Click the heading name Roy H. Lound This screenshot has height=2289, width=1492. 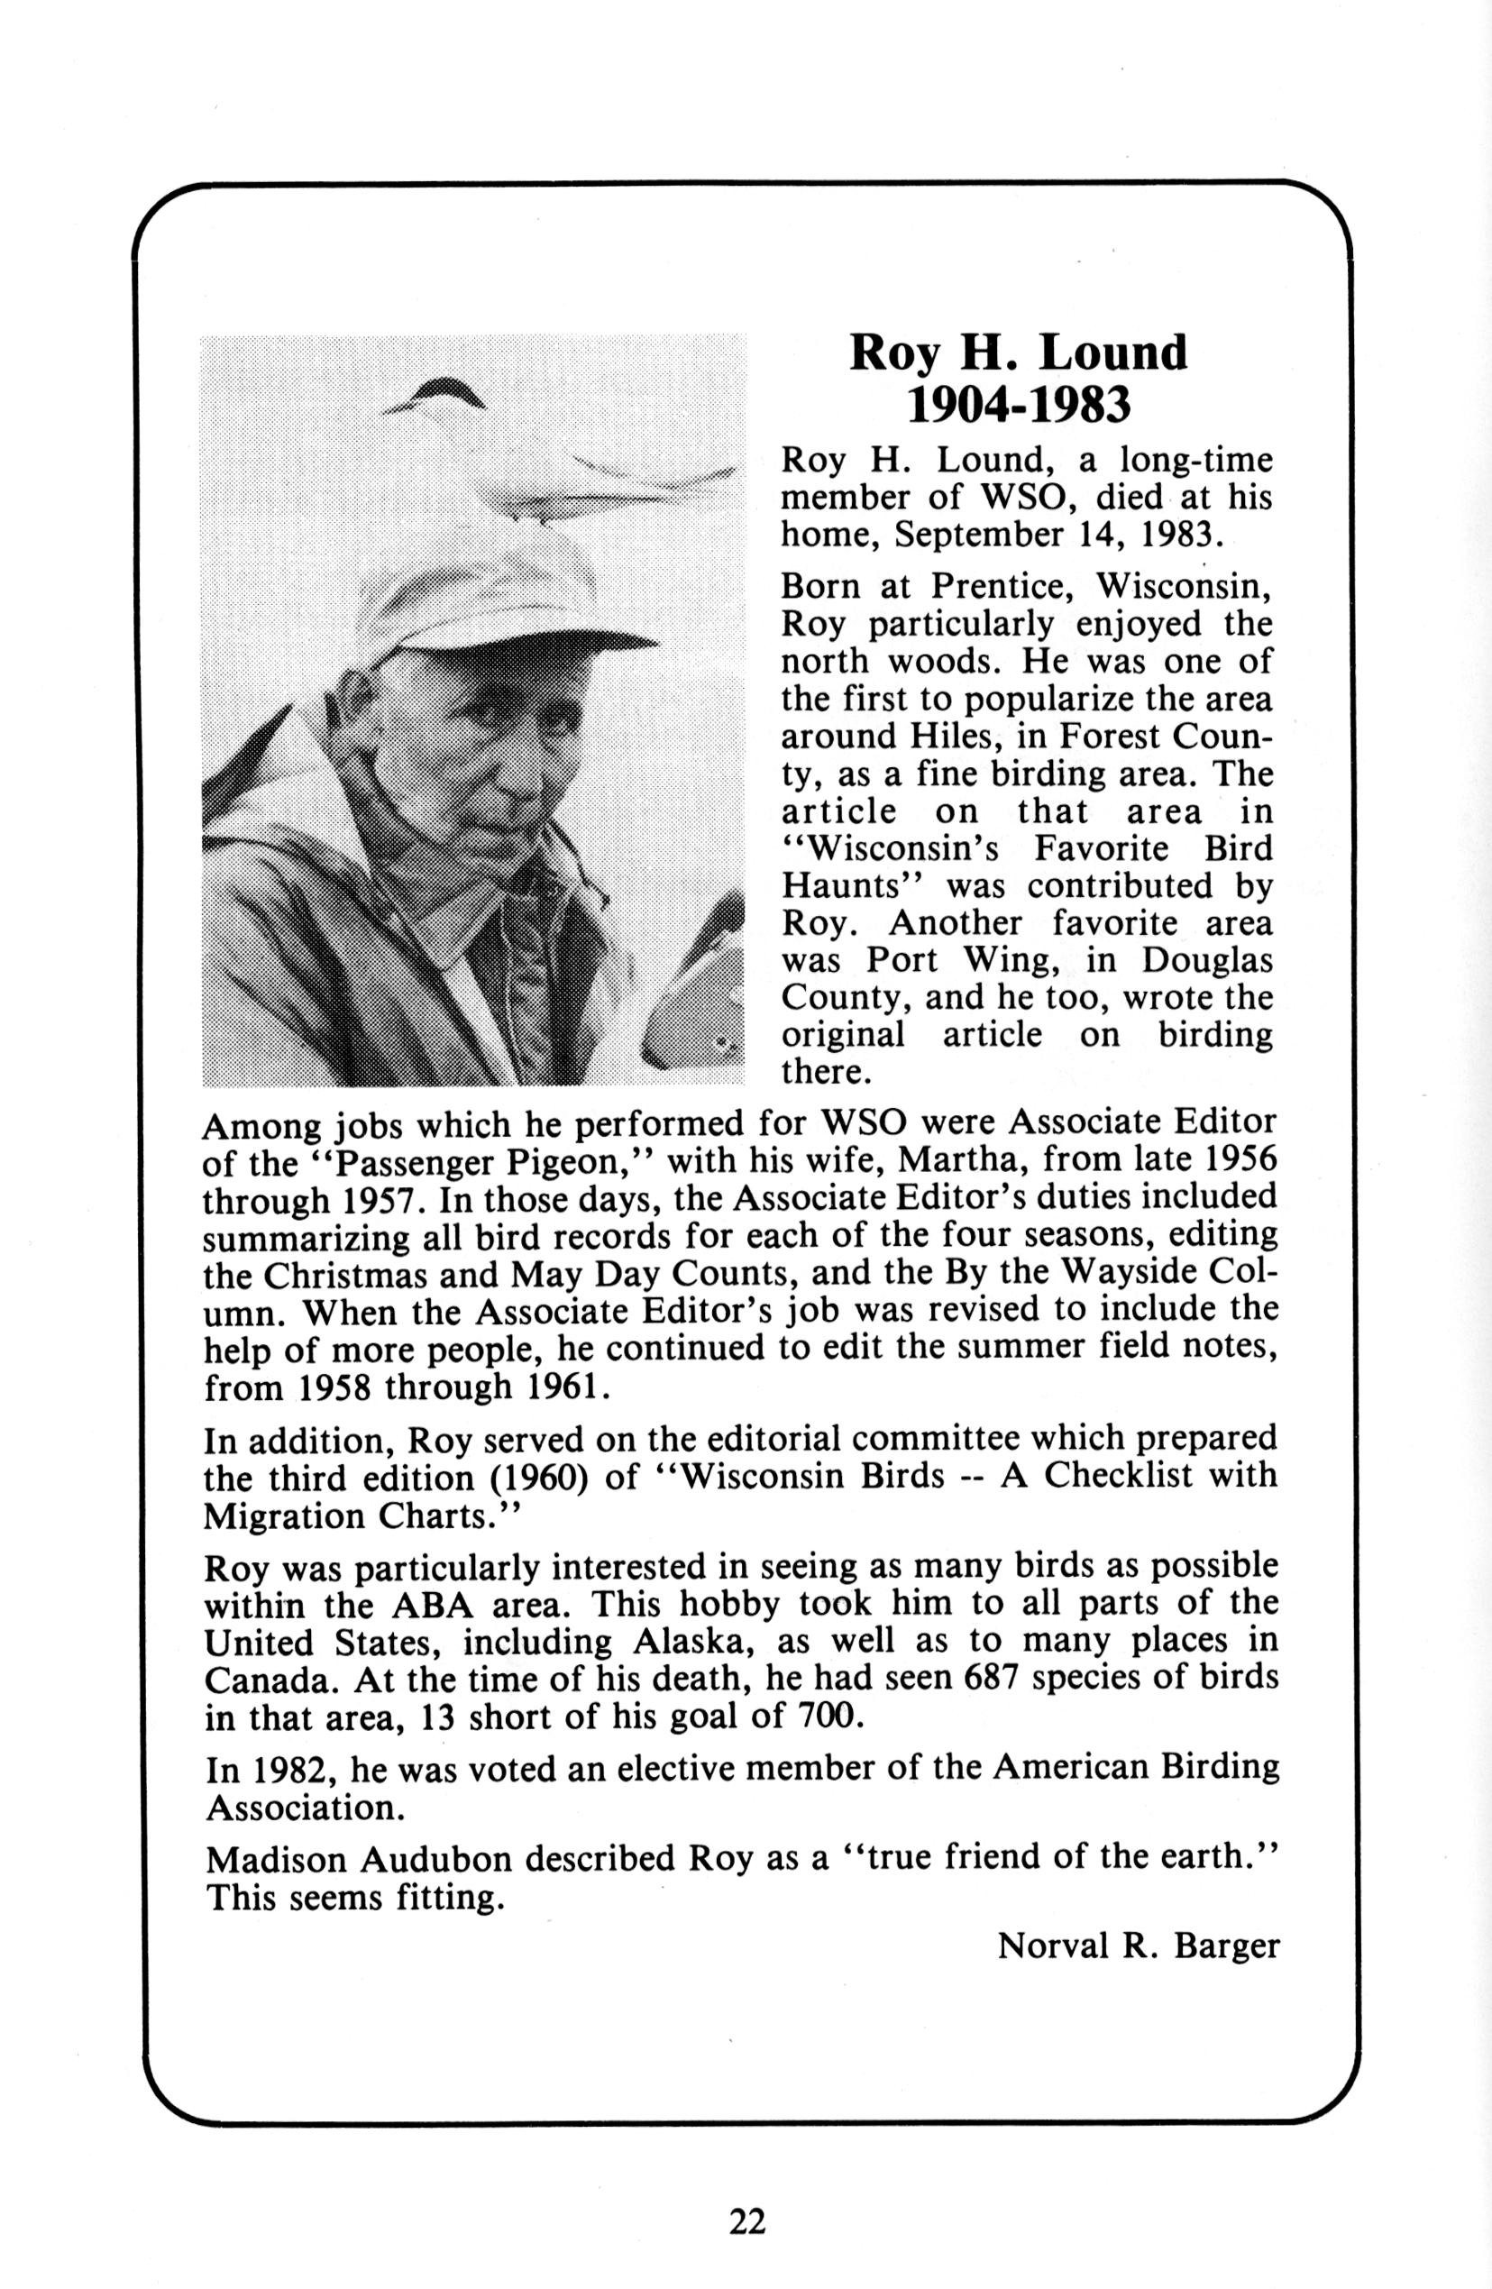click(x=1019, y=353)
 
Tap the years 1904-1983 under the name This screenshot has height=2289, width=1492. click(x=1019, y=407)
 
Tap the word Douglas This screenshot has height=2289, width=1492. click(x=1208, y=961)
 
